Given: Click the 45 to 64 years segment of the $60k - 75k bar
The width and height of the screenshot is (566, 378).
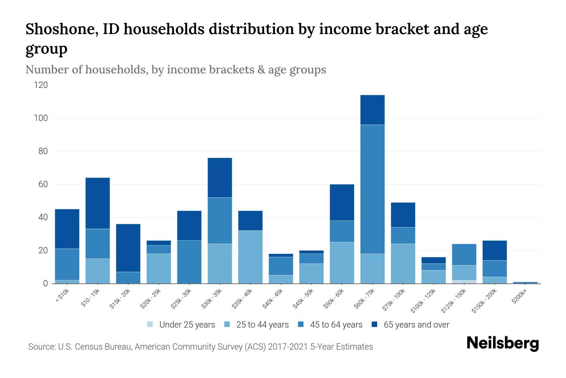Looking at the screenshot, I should click(x=372, y=189).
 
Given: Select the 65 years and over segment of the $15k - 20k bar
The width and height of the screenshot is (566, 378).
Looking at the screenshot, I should click(x=128, y=248).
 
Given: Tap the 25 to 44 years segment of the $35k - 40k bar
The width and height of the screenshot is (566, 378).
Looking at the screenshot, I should click(x=250, y=257).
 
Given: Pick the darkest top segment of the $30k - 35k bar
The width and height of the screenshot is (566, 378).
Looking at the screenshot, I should click(x=220, y=177).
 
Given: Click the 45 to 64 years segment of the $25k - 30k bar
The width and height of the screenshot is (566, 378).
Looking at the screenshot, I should click(x=189, y=262).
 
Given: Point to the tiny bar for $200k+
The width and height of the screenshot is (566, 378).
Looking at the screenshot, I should click(x=525, y=283).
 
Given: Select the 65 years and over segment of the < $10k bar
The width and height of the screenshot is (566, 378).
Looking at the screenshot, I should click(x=67, y=229).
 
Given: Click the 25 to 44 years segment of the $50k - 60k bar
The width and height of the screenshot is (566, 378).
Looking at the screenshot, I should click(x=342, y=262).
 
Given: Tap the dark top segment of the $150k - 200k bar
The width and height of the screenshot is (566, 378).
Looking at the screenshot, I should click(x=495, y=250).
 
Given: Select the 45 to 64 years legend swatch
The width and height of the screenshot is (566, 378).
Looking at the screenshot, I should click(x=301, y=324).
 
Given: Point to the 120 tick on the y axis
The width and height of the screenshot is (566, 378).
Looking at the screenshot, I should click(x=41, y=85).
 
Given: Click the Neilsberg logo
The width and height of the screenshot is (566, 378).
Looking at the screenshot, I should click(x=502, y=343).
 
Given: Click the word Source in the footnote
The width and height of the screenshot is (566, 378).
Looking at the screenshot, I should click(x=42, y=347).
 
